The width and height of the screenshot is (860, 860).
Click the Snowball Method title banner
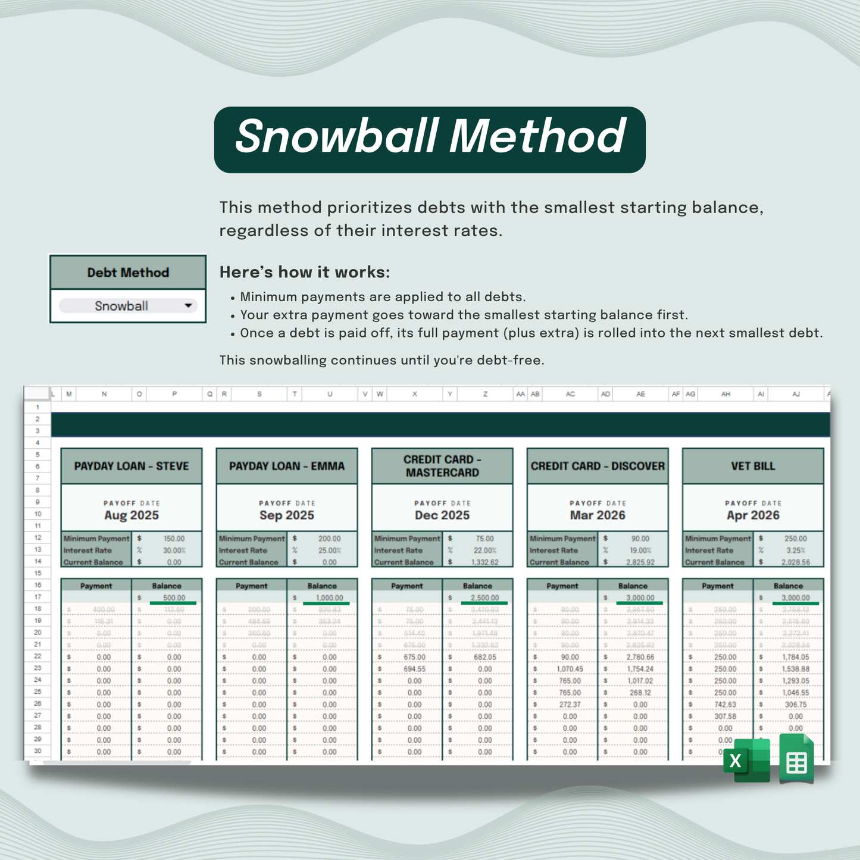pyautogui.click(x=430, y=139)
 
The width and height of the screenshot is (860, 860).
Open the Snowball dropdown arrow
pyautogui.click(x=188, y=306)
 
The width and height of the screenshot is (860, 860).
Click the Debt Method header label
pyautogui.click(x=128, y=273)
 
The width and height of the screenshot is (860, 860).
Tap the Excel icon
pyautogui.click(x=746, y=760)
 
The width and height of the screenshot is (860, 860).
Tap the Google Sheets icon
pyautogui.click(x=796, y=759)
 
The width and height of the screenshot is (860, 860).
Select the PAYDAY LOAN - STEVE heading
pyautogui.click(x=132, y=466)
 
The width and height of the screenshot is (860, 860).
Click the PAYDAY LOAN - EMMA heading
pyautogui.click(x=287, y=466)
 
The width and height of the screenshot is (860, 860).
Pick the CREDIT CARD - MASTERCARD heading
pyautogui.click(x=442, y=466)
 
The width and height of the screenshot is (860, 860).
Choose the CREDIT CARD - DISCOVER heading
pyautogui.click(x=598, y=466)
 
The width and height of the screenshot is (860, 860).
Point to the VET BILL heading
pyautogui.click(x=753, y=466)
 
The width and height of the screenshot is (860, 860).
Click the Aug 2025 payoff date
pyautogui.click(x=132, y=515)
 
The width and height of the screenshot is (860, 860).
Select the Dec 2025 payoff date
pyautogui.click(x=442, y=515)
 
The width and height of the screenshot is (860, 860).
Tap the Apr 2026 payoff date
pyautogui.click(x=753, y=515)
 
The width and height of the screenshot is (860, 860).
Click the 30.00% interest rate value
pyautogui.click(x=174, y=551)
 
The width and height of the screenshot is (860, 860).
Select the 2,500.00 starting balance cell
pyautogui.click(x=484, y=598)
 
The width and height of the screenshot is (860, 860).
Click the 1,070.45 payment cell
pyautogui.click(x=570, y=669)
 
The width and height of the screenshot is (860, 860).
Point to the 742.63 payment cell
pyautogui.click(x=725, y=705)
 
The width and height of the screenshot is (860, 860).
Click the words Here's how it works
pyautogui.click(x=305, y=273)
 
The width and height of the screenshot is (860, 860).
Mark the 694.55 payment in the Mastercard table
pyautogui.click(x=414, y=669)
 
